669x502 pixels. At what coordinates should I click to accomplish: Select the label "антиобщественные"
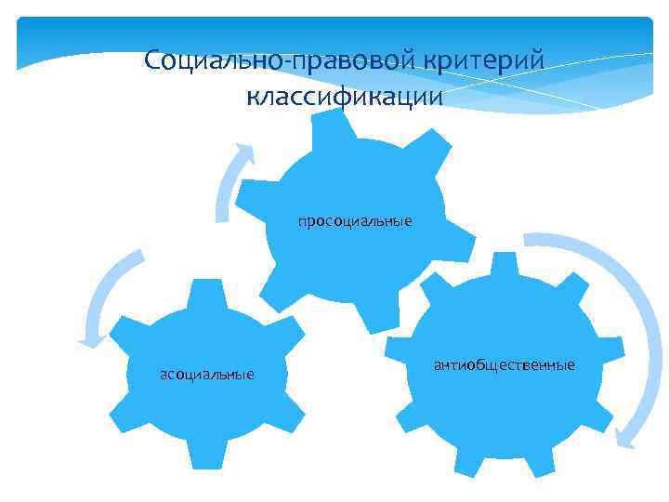click(504, 363)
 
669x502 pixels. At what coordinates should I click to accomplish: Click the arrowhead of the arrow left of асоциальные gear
click(87, 341)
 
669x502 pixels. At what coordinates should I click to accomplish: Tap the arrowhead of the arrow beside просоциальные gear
click(244, 151)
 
